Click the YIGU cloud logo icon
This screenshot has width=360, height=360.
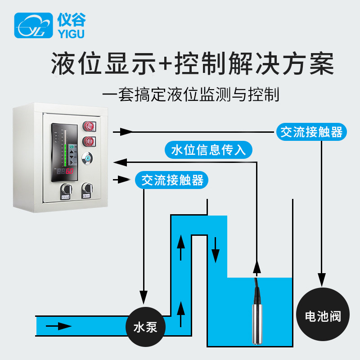point(33,26)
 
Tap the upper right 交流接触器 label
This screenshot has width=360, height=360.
point(311,132)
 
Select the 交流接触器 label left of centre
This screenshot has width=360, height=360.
point(172,180)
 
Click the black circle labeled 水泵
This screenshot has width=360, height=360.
point(145,326)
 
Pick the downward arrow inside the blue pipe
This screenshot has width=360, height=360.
point(216,252)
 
